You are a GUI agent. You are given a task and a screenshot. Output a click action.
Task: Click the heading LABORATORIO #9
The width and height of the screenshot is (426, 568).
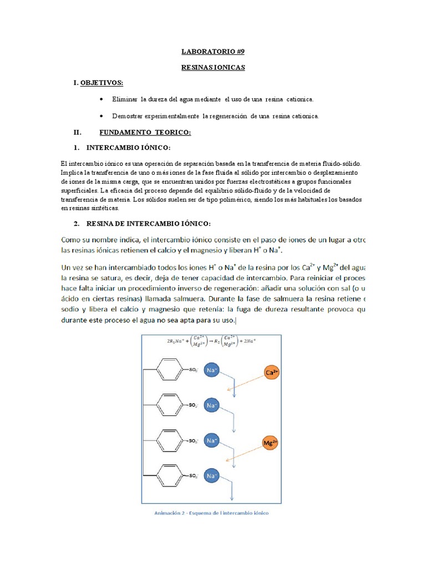click(x=212, y=52)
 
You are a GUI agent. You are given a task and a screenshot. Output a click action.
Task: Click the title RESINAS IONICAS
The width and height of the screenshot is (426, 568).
click(x=212, y=68)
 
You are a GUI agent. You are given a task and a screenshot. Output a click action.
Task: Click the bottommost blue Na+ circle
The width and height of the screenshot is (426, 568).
click(x=212, y=476)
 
